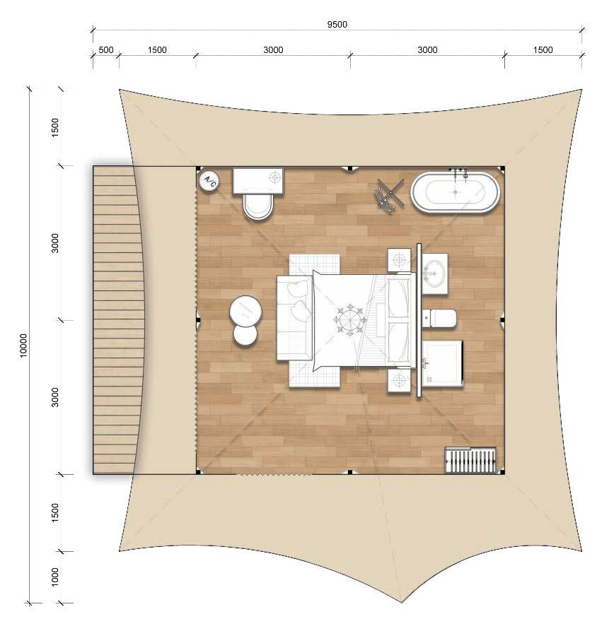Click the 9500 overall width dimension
coord(337,25)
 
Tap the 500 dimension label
coord(106,50)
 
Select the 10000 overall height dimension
coord(23,346)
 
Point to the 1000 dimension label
coord(55,577)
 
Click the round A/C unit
coord(209,180)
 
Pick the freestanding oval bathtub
coord(456,192)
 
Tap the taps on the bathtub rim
coord(458,172)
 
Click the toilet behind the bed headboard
coord(439,318)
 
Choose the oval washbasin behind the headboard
coord(434,273)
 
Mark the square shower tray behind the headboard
coord(442,364)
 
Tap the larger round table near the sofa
coord(245,312)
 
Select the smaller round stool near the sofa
coord(245,335)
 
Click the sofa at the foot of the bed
coord(294,317)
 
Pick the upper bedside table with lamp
coord(399,260)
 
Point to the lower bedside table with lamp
coord(399,380)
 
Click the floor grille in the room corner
coord(470,461)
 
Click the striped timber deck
coord(117,320)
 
